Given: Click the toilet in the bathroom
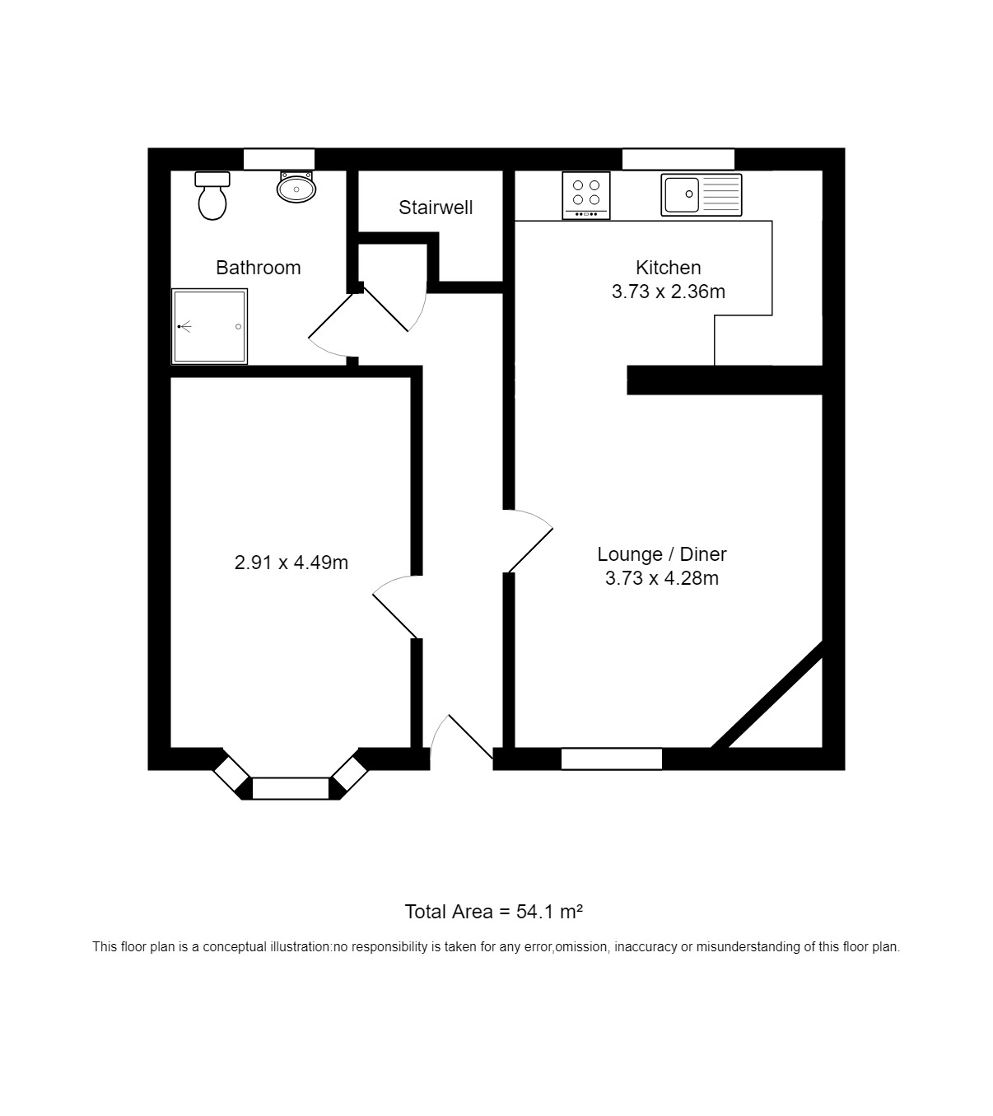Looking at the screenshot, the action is pos(212,195).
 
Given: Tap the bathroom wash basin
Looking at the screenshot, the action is pos(296,187).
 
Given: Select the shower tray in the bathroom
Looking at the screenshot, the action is pos(209,327).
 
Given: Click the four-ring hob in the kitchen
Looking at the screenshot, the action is pos(586,195).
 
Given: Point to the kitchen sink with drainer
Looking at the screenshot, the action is pos(701,195).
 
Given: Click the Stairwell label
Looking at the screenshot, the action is pos(436,208).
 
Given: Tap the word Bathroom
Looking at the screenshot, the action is pos(259,268).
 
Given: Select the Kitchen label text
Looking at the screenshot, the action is pos(668,268).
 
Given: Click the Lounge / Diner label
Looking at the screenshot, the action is pos(662,554).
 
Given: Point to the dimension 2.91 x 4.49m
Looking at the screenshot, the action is pos(291,563).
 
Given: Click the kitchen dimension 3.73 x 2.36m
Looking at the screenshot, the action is pos(668,292).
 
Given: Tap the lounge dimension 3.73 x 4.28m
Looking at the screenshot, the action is pos(662,578).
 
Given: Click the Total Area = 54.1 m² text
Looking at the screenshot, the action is pos(494,912).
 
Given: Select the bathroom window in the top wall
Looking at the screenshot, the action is pos(279,159).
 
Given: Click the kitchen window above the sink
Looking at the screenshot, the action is pos(678,159).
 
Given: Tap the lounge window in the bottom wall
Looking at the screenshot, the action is pos(611,759).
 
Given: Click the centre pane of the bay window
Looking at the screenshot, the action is pos(291,788).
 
